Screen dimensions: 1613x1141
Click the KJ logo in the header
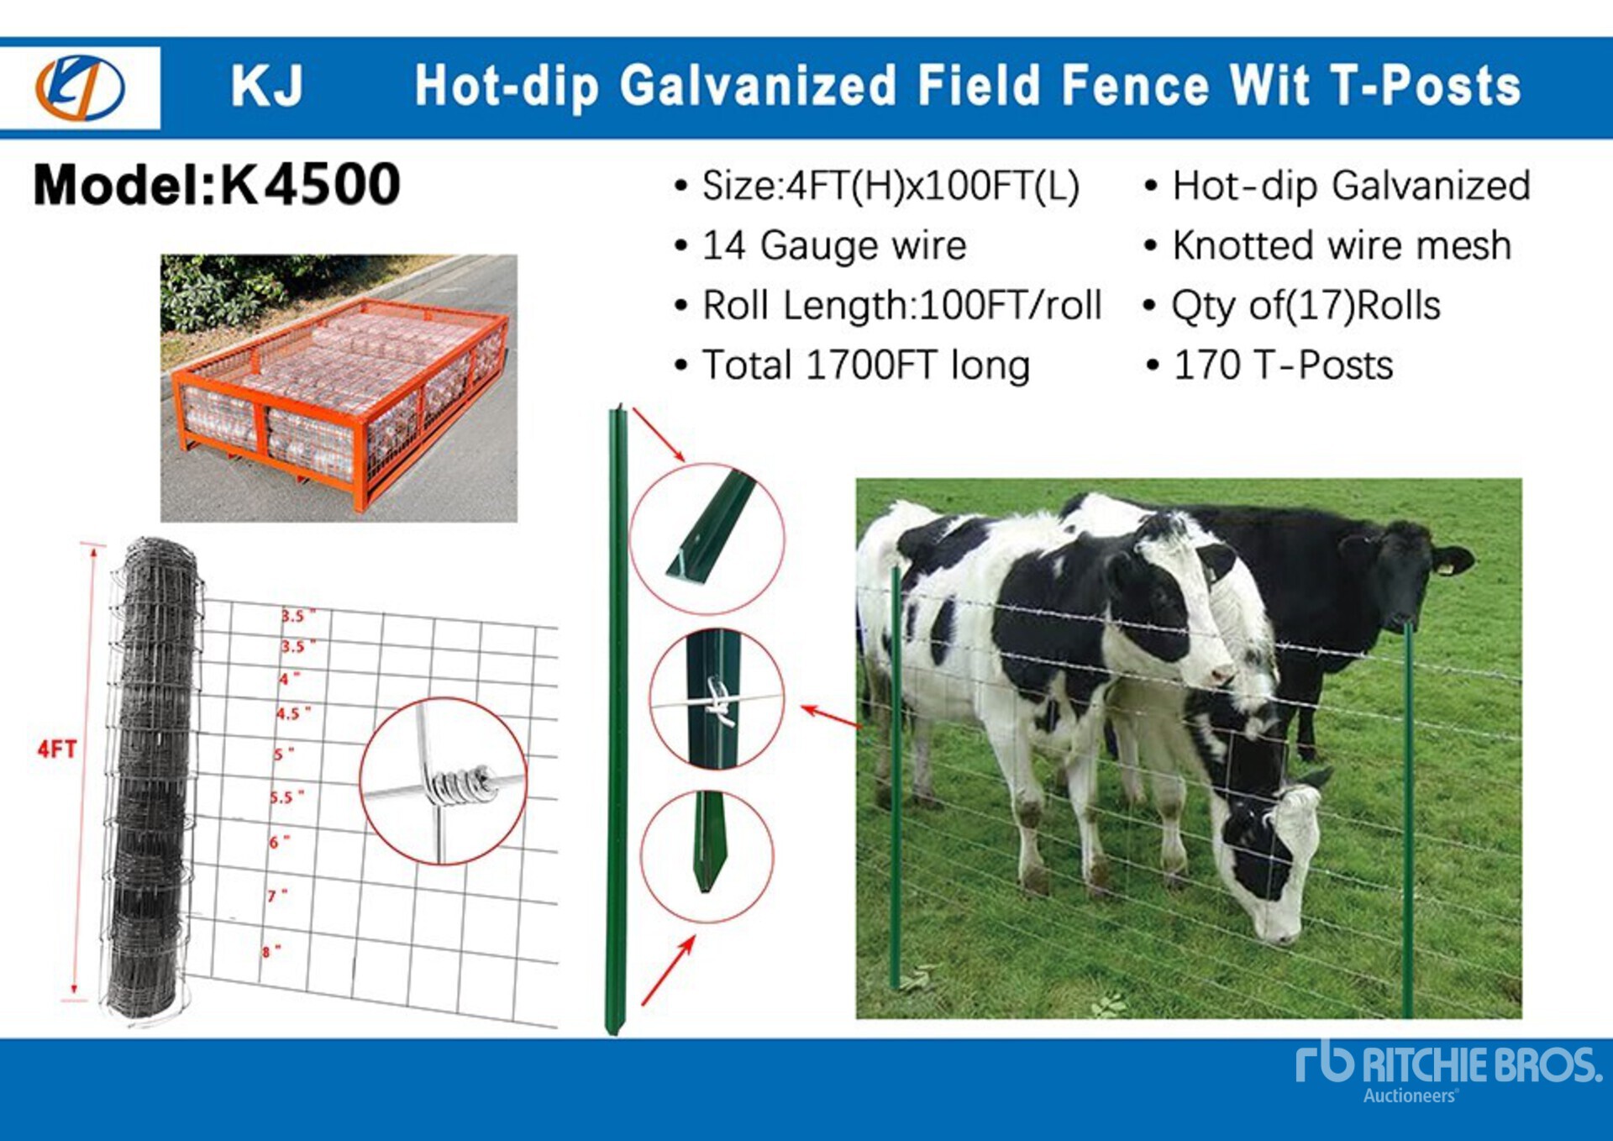[80, 87]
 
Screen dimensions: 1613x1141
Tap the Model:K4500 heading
[217, 184]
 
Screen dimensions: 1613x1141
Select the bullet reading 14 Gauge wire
[821, 245]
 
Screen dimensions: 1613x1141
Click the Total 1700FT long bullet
[852, 365]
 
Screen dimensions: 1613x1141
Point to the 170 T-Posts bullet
[1269, 365]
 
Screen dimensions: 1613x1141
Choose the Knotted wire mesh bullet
[1328, 245]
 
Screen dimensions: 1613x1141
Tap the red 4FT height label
[56, 749]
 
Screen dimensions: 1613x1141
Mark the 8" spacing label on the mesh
[271, 951]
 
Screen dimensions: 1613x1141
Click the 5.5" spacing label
[286, 796]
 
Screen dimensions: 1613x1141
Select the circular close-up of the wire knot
[443, 781]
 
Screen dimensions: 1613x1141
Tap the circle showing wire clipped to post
[717, 699]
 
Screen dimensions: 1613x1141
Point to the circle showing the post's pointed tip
[707, 855]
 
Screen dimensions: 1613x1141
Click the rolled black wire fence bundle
[152, 777]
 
